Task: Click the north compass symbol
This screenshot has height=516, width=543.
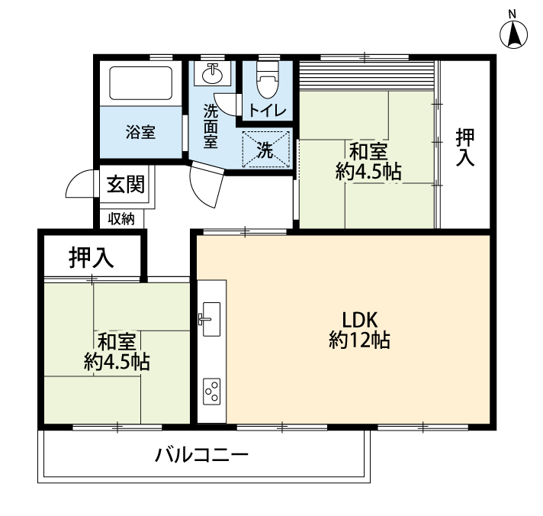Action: coord(513,34)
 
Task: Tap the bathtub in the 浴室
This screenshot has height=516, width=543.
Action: coord(140,83)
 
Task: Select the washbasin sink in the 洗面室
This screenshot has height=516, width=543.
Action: coord(212,74)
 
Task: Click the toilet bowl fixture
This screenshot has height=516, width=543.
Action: coord(268,79)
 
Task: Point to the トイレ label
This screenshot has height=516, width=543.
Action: coord(268,111)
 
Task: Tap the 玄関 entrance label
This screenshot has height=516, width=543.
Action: coord(125,184)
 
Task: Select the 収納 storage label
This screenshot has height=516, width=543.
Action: coord(120,219)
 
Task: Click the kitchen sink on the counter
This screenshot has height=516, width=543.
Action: coord(211,319)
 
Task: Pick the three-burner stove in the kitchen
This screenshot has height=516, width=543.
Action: coord(211,392)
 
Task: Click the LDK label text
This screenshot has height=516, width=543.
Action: coord(359,320)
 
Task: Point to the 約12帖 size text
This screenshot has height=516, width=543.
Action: coord(359,340)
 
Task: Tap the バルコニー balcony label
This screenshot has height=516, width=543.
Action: coord(201,455)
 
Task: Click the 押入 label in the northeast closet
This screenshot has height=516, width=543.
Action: coord(464,147)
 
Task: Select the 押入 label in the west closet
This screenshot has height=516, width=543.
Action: coord(91,257)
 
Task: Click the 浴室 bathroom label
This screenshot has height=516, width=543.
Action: coord(140,132)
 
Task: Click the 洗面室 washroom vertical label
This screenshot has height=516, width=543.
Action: coord(210,126)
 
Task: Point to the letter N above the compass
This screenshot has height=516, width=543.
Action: coord(512,15)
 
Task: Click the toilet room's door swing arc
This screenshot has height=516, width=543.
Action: coord(224,104)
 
